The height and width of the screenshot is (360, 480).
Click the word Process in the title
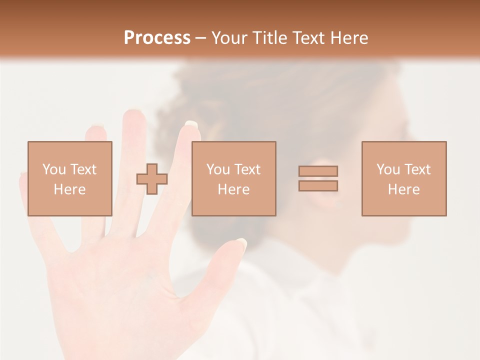tap(157, 38)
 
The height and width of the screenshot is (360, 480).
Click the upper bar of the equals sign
tap(318, 171)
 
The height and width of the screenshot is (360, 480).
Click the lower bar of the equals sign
tap(318, 186)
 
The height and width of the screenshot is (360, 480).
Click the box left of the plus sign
tap(69, 178)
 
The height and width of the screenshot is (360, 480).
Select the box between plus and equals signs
tap(233, 178)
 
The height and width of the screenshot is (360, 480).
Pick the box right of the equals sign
tap(403, 178)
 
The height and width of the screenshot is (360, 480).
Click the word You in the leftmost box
tap(54, 169)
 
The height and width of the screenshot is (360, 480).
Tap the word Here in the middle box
tap(233, 189)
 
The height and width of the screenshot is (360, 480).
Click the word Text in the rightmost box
tap(417, 169)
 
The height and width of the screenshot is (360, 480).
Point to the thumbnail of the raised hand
tap(241, 244)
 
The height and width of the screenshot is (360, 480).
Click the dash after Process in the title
tap(200, 38)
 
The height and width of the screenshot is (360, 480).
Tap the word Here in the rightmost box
tap(403, 189)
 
